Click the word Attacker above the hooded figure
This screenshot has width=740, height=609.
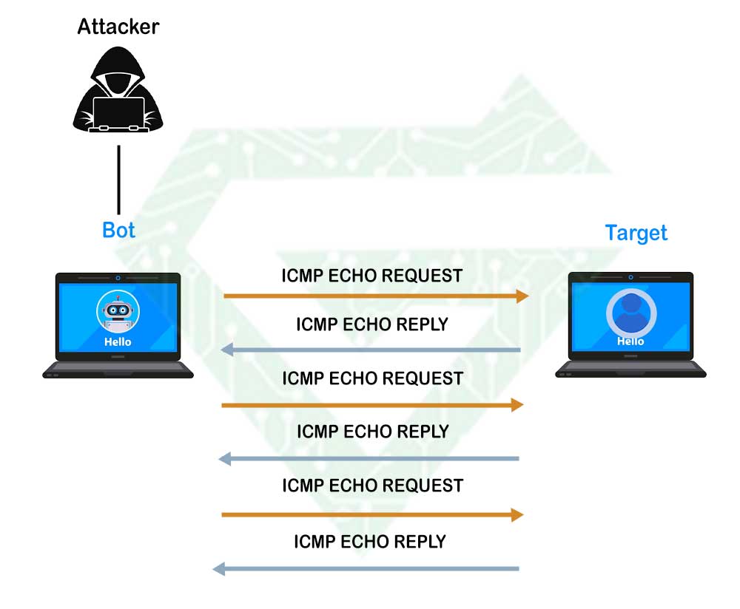click(x=118, y=27)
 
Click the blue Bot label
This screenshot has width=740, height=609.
click(x=118, y=230)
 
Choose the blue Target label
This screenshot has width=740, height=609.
click(x=636, y=233)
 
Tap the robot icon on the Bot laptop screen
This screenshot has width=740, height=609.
click(x=118, y=312)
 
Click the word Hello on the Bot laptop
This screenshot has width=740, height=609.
click(x=118, y=341)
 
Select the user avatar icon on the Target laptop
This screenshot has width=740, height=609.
click(x=630, y=311)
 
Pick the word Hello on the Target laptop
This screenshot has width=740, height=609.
click(x=630, y=341)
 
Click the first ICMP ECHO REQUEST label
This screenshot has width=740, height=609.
click(x=372, y=276)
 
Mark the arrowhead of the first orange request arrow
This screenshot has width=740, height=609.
click(x=523, y=296)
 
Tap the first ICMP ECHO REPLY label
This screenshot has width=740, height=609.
click(x=372, y=324)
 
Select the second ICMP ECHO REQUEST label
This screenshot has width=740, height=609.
click(x=372, y=378)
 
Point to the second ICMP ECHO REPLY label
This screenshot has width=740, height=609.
click(x=372, y=431)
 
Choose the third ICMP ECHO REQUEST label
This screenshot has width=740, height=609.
click(x=372, y=486)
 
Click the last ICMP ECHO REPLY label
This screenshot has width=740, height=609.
click(x=370, y=541)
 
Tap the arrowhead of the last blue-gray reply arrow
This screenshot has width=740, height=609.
click(x=218, y=568)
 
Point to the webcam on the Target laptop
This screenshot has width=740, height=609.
click(x=630, y=277)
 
